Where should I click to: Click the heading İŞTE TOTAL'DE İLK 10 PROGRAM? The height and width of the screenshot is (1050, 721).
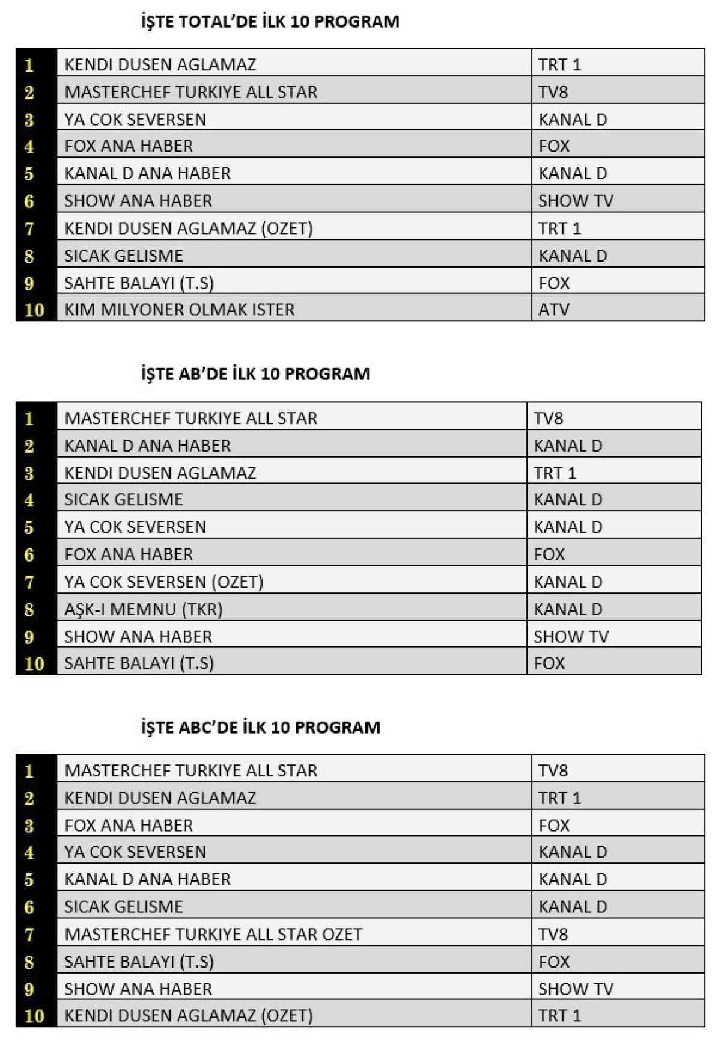(270, 22)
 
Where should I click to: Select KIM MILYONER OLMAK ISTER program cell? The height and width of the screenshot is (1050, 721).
(179, 310)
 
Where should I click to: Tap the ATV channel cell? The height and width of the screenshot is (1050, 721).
(553, 310)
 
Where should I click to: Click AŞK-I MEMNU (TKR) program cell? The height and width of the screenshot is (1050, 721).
(144, 609)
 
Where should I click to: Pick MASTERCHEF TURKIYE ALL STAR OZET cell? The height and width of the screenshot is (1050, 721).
(213, 934)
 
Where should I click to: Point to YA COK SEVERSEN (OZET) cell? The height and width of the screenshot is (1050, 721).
(163, 582)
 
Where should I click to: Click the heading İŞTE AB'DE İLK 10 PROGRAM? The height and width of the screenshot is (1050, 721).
(255, 374)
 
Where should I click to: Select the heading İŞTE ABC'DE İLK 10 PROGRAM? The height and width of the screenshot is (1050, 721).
(260, 728)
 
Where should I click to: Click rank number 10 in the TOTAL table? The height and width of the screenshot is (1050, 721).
(34, 310)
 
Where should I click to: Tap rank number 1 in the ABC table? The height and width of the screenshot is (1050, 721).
(29, 771)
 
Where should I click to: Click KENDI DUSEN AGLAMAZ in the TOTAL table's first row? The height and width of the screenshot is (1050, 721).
(160, 64)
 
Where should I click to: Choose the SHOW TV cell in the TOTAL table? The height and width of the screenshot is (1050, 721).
(575, 201)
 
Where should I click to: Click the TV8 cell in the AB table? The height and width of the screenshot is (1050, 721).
(548, 418)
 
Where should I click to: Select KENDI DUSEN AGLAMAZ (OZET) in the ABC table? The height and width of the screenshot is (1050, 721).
(188, 1016)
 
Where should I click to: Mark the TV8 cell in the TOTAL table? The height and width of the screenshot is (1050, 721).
(553, 92)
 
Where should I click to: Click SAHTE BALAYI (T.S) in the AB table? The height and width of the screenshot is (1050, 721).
(139, 663)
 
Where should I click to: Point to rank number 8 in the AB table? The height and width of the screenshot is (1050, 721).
(29, 610)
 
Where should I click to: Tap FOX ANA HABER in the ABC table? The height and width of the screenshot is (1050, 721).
(129, 826)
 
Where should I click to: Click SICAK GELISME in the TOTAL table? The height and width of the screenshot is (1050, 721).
(123, 256)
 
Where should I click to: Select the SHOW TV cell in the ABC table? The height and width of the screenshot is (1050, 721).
(575, 989)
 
